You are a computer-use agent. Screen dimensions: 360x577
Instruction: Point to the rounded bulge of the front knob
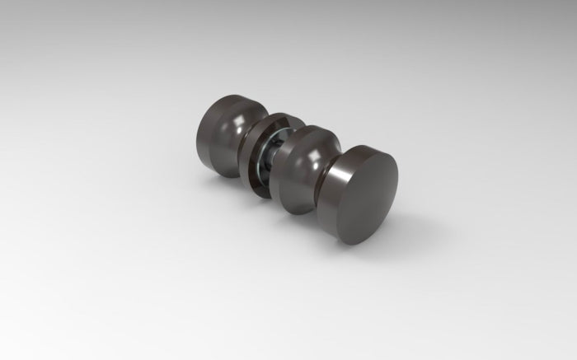pyautogui.click(x=302, y=169)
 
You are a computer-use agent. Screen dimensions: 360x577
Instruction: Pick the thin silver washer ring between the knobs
pyautogui.click(x=271, y=156)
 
